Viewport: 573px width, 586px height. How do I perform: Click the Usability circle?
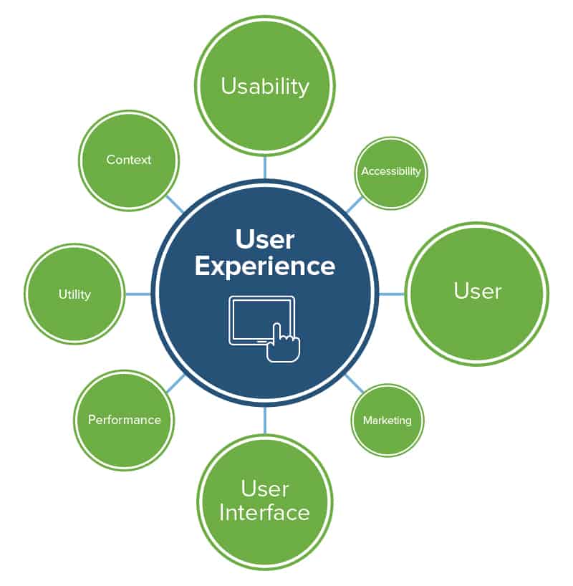265,86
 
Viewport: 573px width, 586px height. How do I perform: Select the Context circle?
128,160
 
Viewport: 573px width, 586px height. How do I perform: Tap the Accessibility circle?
391,172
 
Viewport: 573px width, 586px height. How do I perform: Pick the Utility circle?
74,294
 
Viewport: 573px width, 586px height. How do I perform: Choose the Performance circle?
124,420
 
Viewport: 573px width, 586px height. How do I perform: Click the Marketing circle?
387,420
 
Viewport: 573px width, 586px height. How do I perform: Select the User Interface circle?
265,501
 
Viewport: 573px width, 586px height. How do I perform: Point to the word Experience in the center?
265,266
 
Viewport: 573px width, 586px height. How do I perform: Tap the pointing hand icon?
283,344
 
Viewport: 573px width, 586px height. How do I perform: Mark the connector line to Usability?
265,166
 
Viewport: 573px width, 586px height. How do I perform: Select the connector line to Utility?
138,294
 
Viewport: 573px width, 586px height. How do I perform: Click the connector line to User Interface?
265,421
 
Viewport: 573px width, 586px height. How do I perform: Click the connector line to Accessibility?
354,204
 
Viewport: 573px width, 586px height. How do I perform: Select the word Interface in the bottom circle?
265,513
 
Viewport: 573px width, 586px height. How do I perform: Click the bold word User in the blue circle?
265,239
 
